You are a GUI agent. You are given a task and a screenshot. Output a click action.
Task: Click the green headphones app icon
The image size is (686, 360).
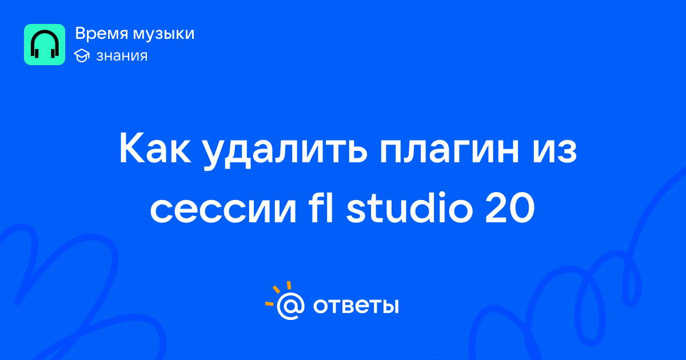pos(45,45)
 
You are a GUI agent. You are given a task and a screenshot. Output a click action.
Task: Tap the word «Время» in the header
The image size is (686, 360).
pos(101,34)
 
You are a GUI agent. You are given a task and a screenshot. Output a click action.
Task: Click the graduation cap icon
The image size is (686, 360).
pos(82,55)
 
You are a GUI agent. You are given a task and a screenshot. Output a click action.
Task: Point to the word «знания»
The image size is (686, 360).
pos(122,56)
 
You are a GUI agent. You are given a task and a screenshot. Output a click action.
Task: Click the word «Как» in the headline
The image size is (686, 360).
pos(155,148)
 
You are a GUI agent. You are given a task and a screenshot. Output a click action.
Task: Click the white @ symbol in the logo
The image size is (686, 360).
pos(290,306)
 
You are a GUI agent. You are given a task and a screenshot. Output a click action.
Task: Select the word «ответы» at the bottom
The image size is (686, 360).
pos(356,306)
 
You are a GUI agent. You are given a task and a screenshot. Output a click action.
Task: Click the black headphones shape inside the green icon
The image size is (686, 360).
pos(45,44)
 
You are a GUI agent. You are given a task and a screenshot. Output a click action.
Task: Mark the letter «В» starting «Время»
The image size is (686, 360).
pos(81,34)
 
